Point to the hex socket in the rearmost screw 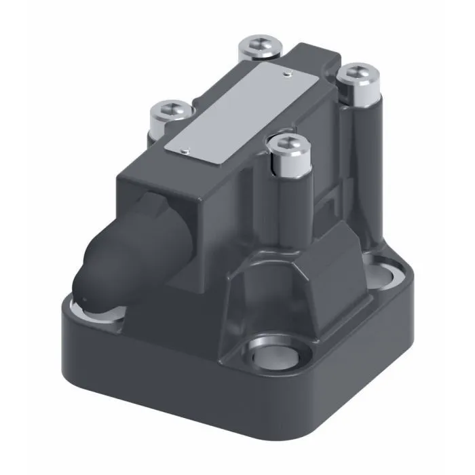(261, 45)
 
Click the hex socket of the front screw (286, 144)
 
